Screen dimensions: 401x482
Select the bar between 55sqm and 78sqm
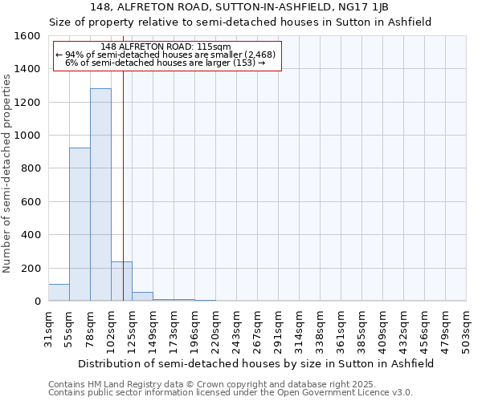[80, 225]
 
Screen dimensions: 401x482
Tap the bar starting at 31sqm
[59, 293]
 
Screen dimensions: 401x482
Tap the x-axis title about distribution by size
[257, 363]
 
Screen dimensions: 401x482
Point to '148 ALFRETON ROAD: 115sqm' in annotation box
[167, 47]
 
